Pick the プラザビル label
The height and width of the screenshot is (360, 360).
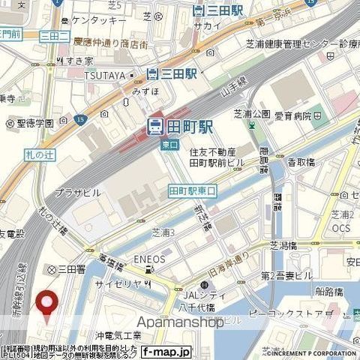pos(77,192)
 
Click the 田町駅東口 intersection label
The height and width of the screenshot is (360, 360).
pos(192,191)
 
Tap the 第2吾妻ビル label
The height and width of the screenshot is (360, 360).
pos(286,276)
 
